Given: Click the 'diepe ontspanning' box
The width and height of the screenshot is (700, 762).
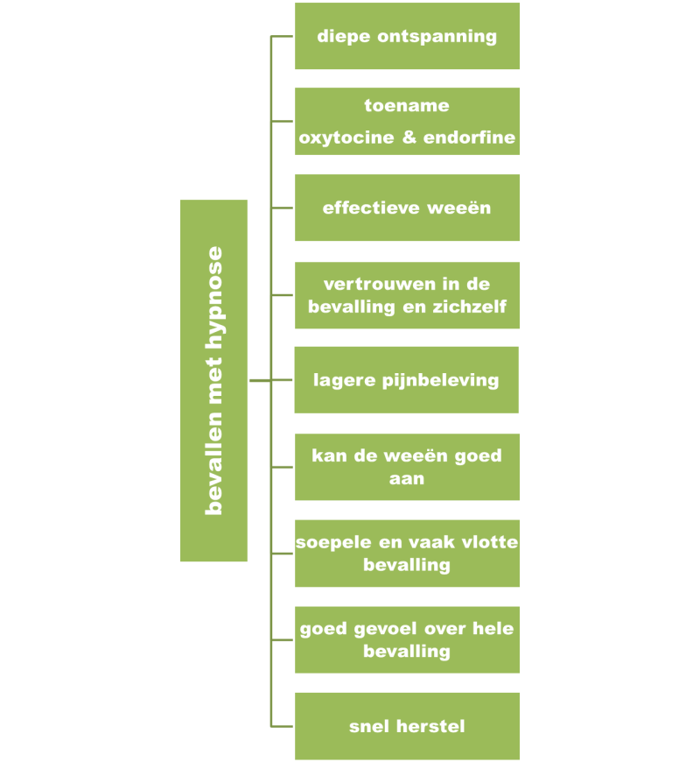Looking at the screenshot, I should (x=407, y=36).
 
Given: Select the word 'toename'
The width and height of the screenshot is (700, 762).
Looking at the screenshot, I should (x=407, y=106).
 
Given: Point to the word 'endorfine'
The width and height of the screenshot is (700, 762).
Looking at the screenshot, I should (x=469, y=138).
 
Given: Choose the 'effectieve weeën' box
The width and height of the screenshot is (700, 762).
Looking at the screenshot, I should (x=407, y=208).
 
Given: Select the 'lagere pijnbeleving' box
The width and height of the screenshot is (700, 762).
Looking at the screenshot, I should (x=407, y=380).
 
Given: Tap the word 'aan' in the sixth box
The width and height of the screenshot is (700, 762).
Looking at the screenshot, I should (x=407, y=478).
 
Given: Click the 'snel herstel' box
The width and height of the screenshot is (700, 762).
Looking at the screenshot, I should (x=407, y=726).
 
